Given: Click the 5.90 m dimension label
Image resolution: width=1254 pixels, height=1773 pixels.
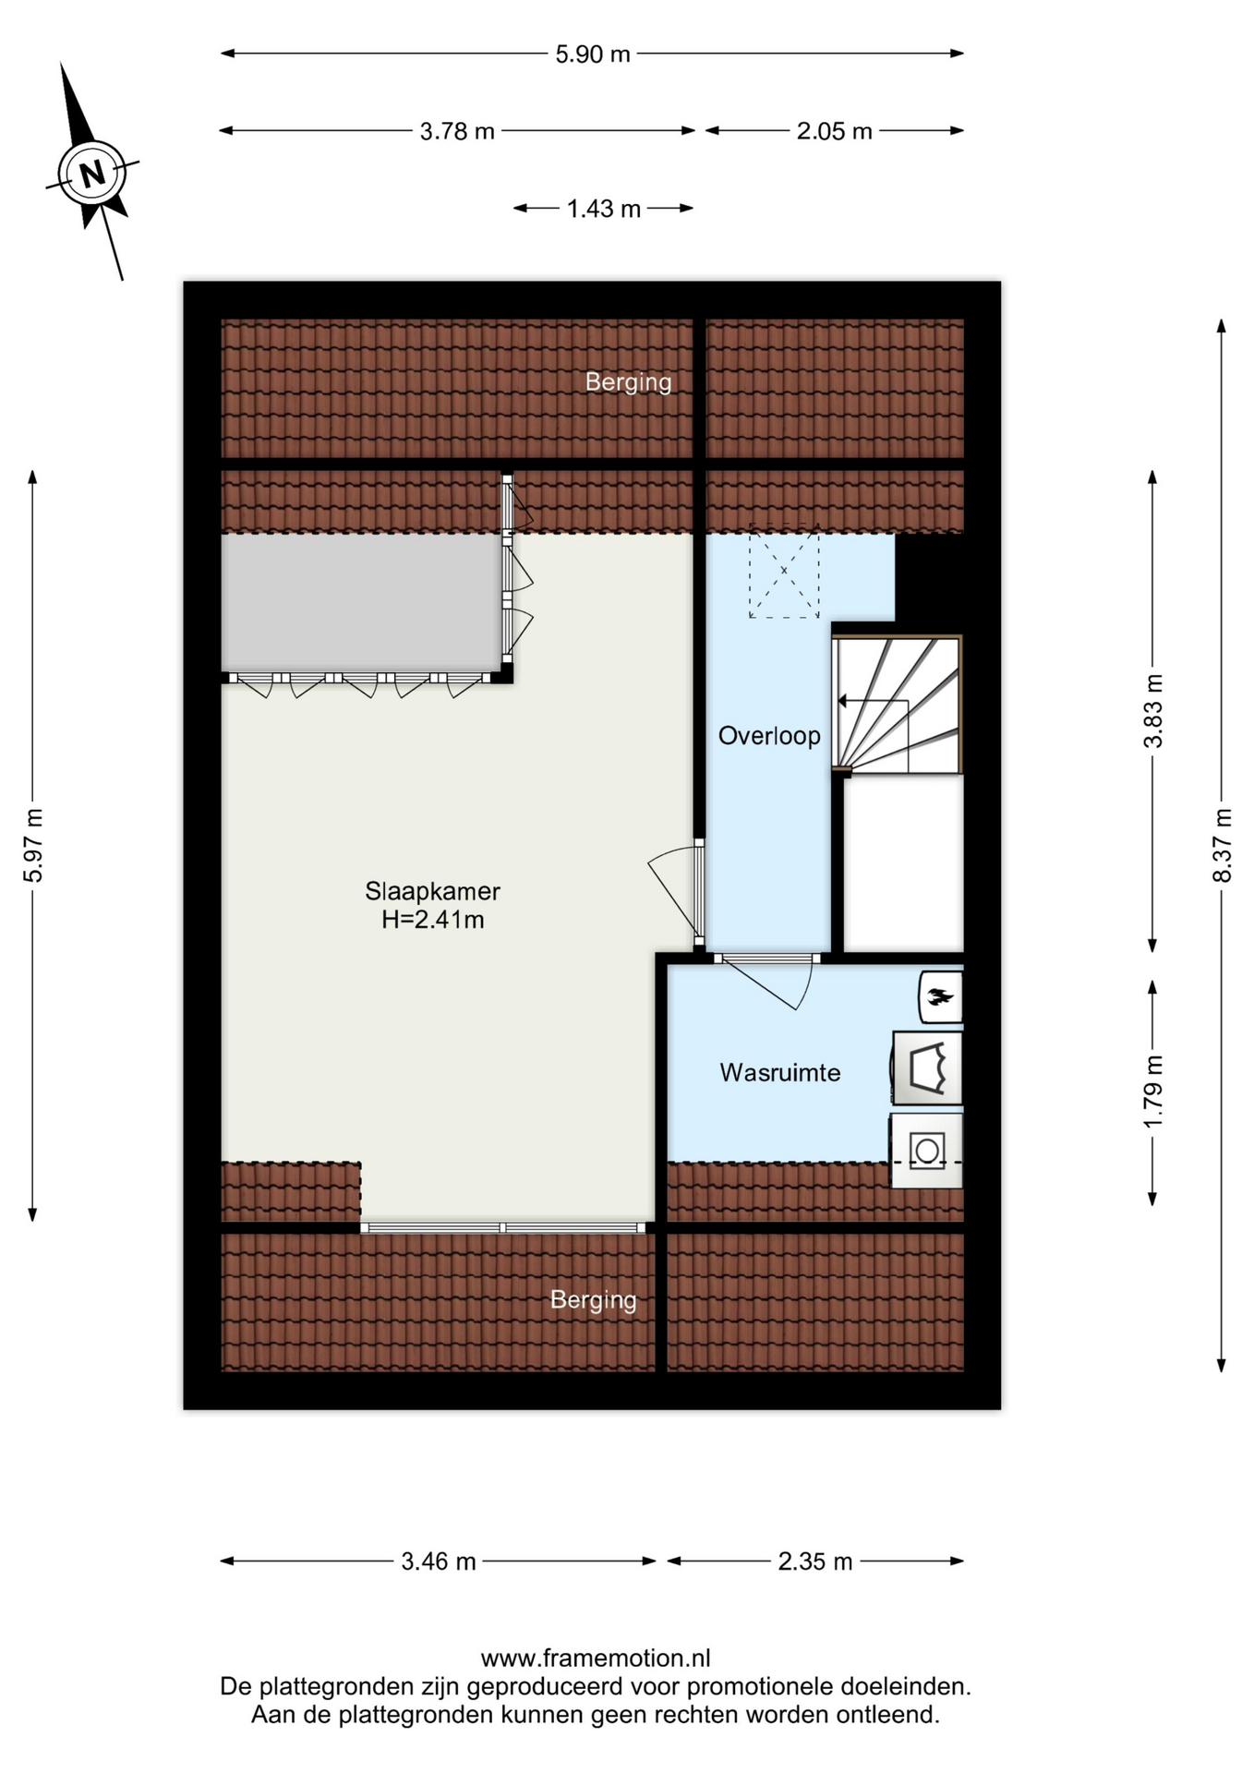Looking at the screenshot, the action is click(x=593, y=54).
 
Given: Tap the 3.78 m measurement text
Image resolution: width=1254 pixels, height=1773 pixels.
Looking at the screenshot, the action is click(x=457, y=131).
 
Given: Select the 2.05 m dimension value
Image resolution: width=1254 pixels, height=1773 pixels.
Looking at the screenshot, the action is click(x=835, y=131).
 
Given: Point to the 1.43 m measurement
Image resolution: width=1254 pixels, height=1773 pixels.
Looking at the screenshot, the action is click(x=604, y=209).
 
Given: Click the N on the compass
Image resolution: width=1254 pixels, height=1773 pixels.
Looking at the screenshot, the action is click(x=91, y=174).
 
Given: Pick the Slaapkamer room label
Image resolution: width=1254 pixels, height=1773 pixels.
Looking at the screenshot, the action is click(x=432, y=891).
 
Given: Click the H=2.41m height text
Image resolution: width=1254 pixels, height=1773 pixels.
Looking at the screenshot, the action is click(x=433, y=920).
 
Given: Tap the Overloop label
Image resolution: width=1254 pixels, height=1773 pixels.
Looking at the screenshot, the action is click(x=769, y=736).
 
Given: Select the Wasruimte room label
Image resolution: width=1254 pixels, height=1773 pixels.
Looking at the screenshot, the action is click(x=780, y=1073).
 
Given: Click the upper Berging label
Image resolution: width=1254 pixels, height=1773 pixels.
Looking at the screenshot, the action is click(x=629, y=381).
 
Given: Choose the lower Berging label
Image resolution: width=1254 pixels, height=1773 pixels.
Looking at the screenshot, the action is click(x=594, y=1300).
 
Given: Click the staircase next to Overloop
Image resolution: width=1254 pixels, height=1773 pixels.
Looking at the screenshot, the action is click(x=898, y=704).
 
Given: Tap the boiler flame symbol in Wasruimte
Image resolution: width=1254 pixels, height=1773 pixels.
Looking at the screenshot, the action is click(x=941, y=997).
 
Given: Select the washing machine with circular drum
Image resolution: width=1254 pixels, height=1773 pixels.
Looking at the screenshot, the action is click(x=926, y=1151).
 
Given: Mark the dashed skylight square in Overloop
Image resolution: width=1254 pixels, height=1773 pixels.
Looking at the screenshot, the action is click(x=784, y=571).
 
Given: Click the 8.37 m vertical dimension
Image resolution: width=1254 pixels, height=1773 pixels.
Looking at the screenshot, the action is click(x=1222, y=845).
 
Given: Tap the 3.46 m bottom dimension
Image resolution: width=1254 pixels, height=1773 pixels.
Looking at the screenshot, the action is click(x=439, y=1562).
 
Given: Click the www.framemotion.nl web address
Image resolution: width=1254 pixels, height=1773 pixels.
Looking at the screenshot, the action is click(x=596, y=1658).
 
